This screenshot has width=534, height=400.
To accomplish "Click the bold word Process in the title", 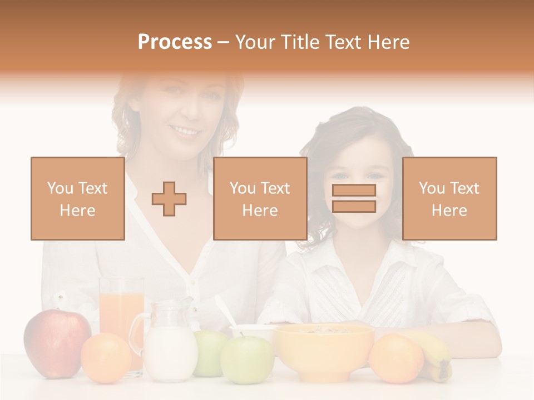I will pos(175,42).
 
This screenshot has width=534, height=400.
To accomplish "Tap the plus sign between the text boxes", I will pos(169,199).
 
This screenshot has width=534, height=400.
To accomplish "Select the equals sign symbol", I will pos(354,198).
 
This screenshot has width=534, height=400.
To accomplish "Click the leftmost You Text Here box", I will pos(78,198).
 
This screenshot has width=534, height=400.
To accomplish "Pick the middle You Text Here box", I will pos(260,198).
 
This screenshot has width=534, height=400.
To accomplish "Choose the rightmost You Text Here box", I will pos(449,198).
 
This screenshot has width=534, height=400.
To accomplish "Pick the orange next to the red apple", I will pos(106,357).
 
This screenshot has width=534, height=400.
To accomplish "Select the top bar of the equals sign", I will pos(354,190).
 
